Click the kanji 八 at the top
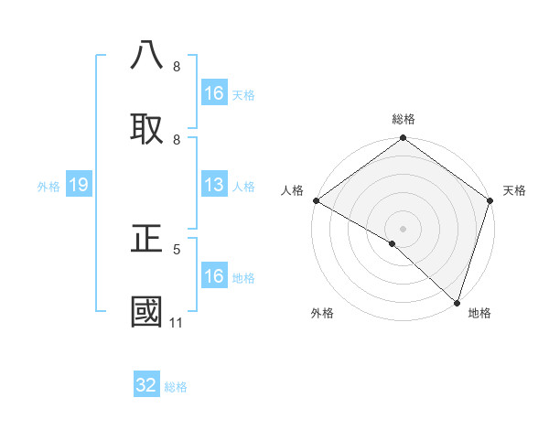coord(147,55)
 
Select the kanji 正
coord(147,239)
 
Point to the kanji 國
coord(147,312)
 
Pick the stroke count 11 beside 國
coord(177,322)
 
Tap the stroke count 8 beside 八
coord(177,66)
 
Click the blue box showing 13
coord(214,186)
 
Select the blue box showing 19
coord(78,186)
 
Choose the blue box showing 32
coord(146,385)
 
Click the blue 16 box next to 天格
coord(214,93)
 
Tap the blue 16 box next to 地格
coord(214,276)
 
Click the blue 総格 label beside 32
coord(176,387)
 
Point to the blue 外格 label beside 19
coord(48,187)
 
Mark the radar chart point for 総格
coord(403,138)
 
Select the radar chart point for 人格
coord(316,200)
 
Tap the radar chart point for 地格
coord(457,303)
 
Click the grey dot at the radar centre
coord(403,229)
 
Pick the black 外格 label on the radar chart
coord(322,314)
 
